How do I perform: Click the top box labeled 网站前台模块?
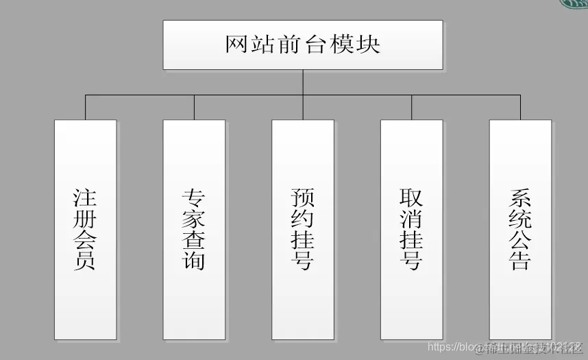point(302,45)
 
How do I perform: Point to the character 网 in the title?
point(236,45)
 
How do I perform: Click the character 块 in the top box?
point(369,45)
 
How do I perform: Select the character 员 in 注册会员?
point(85,261)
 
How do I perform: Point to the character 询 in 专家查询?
point(194,261)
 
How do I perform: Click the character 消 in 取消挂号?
point(411,219)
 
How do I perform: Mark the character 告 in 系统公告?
point(520,261)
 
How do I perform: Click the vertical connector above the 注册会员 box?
point(86,108)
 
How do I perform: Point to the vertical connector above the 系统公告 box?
point(520,108)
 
